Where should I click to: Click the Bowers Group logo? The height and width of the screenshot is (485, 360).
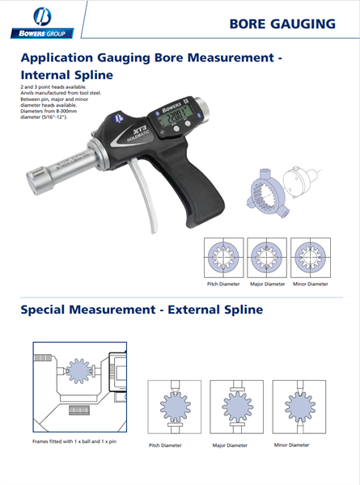(41, 23)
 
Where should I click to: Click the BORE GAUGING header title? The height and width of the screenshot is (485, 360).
(282, 23)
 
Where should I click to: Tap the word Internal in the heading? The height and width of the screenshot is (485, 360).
(49, 74)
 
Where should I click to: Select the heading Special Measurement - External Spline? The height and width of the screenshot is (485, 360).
(141, 309)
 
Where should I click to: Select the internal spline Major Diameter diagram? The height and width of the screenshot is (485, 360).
(266, 259)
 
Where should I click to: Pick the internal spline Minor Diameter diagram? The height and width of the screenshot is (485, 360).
(310, 259)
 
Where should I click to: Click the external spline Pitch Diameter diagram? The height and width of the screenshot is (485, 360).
(174, 408)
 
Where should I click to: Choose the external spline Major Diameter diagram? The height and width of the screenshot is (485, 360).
(231, 408)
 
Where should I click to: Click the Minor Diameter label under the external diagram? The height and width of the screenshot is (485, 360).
(291, 445)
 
